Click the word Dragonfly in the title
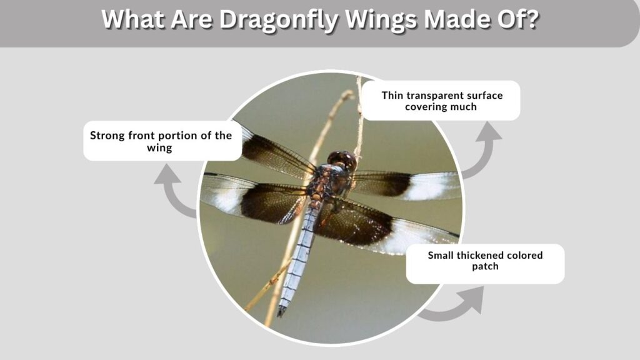coord(278,19)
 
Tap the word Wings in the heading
coord(381,19)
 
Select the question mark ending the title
coord(532,18)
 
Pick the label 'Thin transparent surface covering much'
coord(441,101)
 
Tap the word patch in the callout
coord(485,266)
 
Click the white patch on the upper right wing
coord(432,186)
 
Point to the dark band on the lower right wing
coord(354,223)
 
